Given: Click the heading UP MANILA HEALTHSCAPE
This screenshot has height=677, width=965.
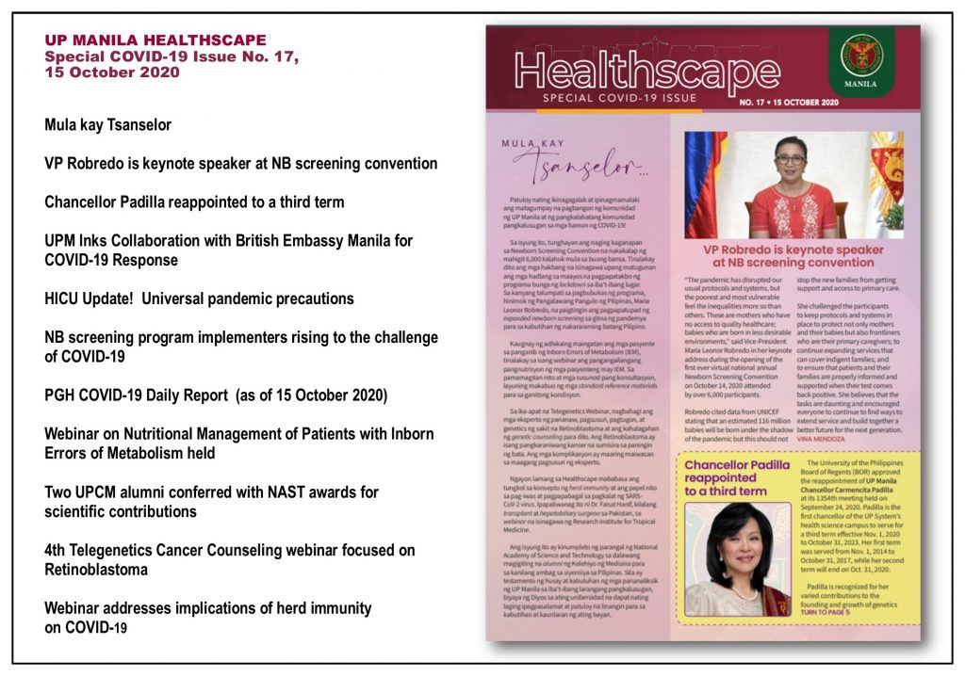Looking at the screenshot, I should point(155,40).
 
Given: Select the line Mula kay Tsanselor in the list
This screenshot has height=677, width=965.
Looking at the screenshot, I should point(107,124).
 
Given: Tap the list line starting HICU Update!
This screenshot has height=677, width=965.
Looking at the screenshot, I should point(199,298).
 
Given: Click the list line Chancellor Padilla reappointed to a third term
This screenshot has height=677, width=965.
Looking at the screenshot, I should point(194,201).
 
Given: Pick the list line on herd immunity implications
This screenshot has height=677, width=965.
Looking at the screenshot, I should point(207,618).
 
